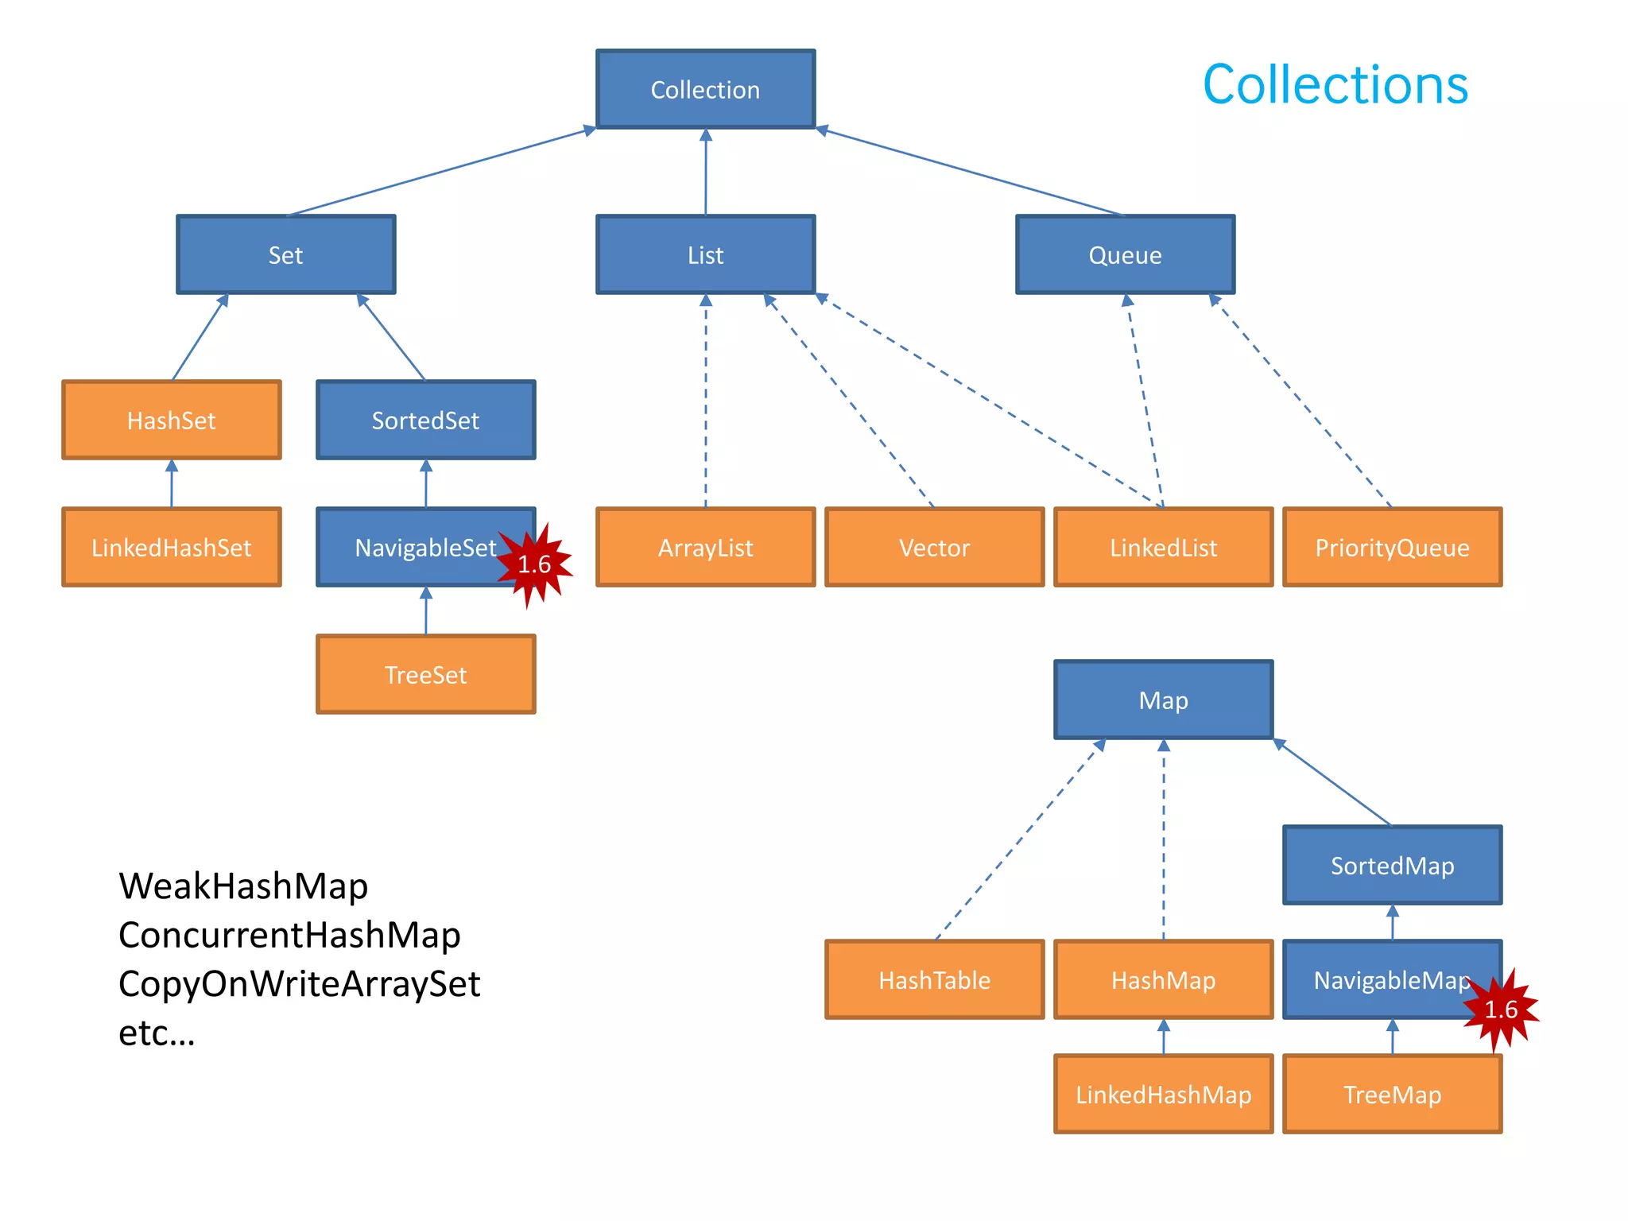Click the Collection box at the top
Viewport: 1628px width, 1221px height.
click(705, 89)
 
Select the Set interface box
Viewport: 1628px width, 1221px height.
click(285, 254)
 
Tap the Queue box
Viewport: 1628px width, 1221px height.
click(1125, 254)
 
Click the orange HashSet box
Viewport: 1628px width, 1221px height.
click(171, 420)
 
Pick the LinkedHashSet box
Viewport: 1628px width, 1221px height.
click(171, 547)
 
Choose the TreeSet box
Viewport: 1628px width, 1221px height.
click(425, 674)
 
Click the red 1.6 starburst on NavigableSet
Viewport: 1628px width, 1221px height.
click(534, 564)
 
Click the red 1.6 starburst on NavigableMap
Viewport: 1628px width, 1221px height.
click(1501, 1010)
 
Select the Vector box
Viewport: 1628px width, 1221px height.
click(934, 547)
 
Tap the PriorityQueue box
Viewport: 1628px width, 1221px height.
click(1392, 547)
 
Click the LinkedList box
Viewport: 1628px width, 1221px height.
click(1163, 547)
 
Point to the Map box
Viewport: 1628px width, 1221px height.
click(1163, 700)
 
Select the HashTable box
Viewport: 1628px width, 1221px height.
click(934, 979)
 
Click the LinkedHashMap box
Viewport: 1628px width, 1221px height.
click(1163, 1094)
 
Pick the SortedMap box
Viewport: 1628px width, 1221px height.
click(1392, 865)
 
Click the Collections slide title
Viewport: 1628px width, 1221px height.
click(1335, 84)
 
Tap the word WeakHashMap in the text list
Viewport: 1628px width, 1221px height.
click(243, 886)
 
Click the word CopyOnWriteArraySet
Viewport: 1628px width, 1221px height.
click(299, 983)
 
